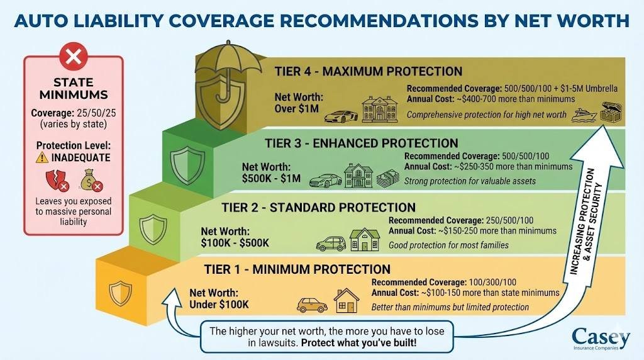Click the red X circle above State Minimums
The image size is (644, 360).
click(74, 58)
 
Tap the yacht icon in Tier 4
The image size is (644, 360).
click(584, 115)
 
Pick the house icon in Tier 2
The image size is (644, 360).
click(365, 240)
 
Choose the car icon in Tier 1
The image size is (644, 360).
click(312, 305)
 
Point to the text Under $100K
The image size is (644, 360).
click(219, 305)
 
